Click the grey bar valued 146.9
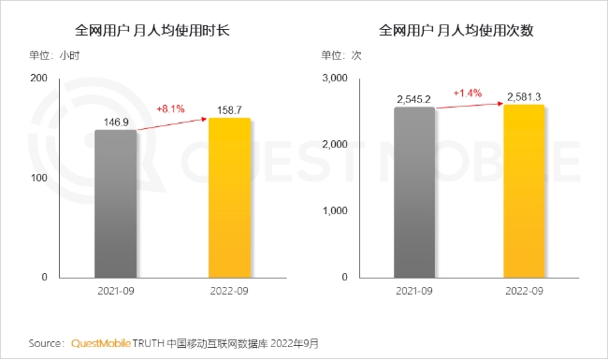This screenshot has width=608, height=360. [116, 204]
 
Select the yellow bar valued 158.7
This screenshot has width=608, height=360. [229, 197]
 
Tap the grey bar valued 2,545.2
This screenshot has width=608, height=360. [414, 193]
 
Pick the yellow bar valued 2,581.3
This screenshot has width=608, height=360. [524, 191]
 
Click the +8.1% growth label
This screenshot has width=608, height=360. [170, 108]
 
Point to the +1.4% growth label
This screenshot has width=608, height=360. [468, 93]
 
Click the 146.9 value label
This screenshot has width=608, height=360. [116, 122]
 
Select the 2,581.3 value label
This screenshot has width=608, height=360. [524, 97]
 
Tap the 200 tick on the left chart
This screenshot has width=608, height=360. [38, 78]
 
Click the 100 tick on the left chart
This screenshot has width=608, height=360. [38, 178]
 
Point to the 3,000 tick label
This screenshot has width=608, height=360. [335, 78]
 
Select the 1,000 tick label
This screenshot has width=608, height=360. [335, 210]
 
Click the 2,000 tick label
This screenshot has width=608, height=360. [335, 145]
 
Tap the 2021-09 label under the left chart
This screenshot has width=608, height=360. [116, 291]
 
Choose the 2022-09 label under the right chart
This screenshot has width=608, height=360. [524, 291]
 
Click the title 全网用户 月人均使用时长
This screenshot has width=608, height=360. [152, 30]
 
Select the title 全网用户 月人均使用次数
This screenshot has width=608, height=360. [456, 30]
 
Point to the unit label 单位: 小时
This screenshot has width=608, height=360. [54, 55]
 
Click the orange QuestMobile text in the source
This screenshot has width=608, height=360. [101, 343]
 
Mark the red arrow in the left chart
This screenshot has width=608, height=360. [172, 124]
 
